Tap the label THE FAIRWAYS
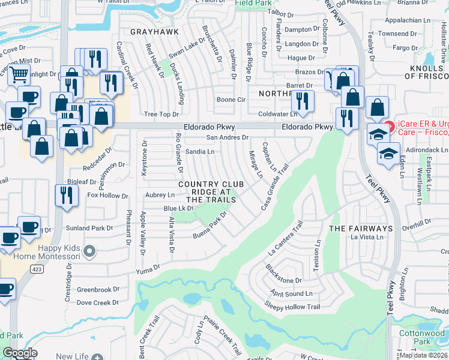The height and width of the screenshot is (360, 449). [360, 229]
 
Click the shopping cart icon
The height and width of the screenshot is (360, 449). [19, 75]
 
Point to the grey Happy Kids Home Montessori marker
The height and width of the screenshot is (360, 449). [89, 251]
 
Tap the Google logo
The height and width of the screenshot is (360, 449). [20, 353]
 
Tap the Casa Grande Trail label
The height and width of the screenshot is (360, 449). [276, 188]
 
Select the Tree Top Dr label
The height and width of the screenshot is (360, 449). [162, 114]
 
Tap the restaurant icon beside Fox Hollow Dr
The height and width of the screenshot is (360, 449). [66, 195]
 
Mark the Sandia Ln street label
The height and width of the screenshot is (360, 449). [200, 152]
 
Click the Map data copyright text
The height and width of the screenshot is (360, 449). [424, 355]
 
